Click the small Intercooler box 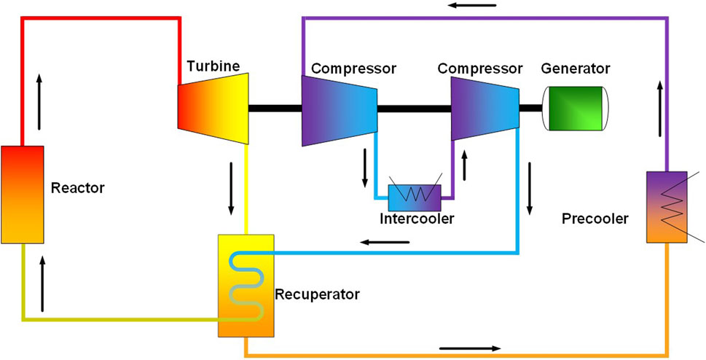(x=414, y=196)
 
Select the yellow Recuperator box (x=246, y=285)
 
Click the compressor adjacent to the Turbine (x=339, y=109)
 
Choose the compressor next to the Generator (x=485, y=109)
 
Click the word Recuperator (x=317, y=295)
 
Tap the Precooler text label (x=595, y=218)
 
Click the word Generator (x=576, y=69)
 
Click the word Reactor (x=78, y=188)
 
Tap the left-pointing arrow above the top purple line (x=472, y=6)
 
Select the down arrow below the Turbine (x=232, y=188)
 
